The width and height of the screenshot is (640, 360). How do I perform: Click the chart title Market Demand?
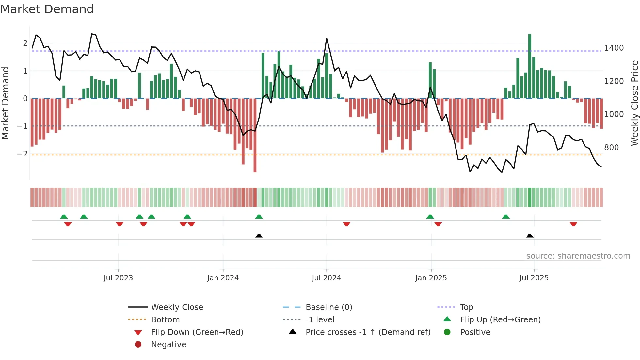point(47,9)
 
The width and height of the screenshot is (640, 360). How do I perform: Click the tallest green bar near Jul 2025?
point(530,65)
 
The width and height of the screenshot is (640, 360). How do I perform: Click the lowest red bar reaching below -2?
point(255,136)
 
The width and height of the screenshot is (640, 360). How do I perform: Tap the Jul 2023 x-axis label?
point(118,278)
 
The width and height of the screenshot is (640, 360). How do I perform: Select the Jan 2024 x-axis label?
point(223,278)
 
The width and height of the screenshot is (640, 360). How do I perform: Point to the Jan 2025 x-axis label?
point(431,278)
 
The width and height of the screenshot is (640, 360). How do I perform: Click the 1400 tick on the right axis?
point(614,48)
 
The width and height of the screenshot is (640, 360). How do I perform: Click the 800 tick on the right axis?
point(611,148)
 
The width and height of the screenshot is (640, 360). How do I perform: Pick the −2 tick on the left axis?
point(22,154)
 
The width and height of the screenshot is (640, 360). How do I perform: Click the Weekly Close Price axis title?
point(634,103)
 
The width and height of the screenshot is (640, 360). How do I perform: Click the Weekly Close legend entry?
point(177,307)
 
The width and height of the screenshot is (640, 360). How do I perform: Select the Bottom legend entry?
point(165,320)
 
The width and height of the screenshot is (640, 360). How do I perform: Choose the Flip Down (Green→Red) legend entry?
point(197,332)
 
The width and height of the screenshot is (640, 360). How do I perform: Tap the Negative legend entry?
point(168,345)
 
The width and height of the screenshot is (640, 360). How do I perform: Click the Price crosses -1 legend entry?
point(368,332)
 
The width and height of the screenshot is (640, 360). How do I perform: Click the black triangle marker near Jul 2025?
point(530,236)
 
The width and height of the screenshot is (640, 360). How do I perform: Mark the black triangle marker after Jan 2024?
point(259,236)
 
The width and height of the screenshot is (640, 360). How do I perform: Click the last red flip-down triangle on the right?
point(573,224)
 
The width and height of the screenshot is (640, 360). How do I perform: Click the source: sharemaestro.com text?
point(578,256)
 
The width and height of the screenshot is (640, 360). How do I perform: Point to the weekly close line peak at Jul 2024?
point(327,39)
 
